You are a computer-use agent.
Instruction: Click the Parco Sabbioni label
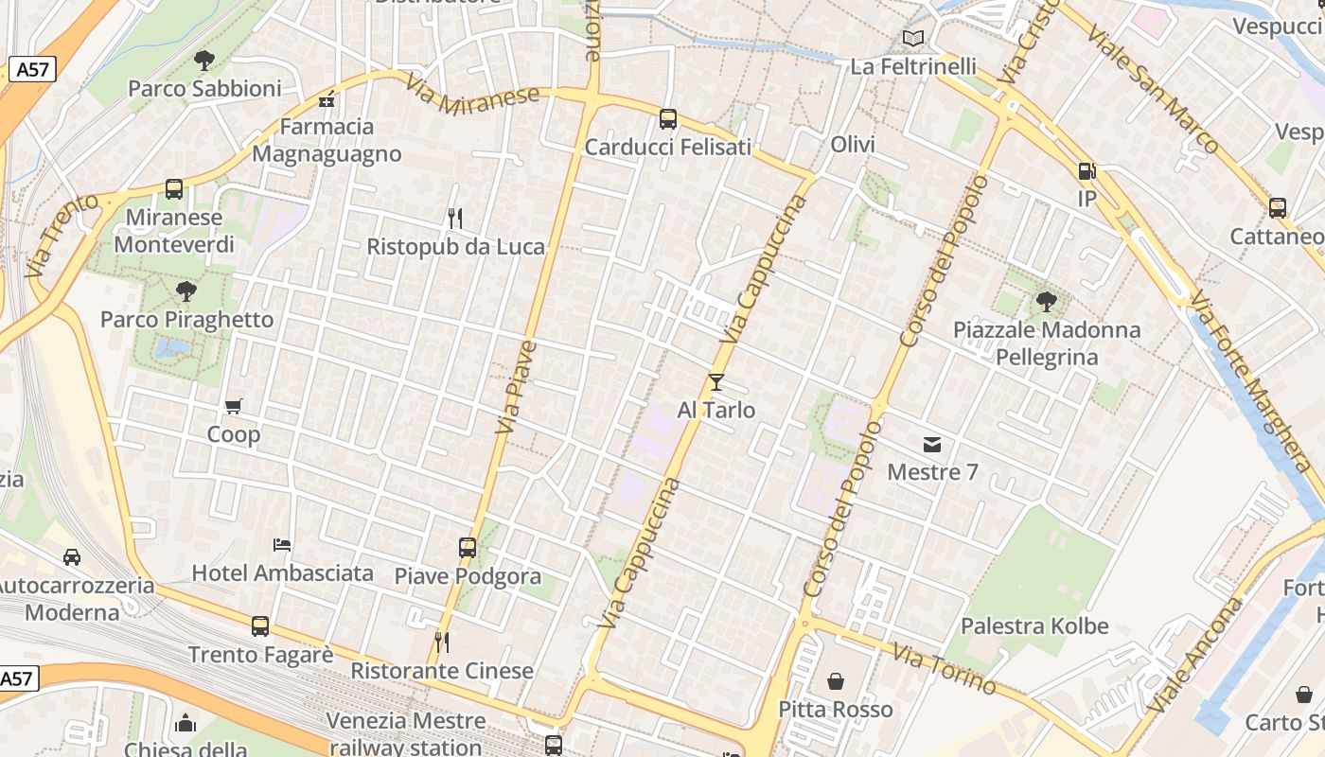(x=204, y=89)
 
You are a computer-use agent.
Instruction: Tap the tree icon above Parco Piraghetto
(x=186, y=290)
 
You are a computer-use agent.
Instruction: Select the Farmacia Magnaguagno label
(x=327, y=140)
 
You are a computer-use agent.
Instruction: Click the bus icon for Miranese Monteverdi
(x=174, y=189)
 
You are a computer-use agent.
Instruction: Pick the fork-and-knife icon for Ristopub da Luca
(x=455, y=219)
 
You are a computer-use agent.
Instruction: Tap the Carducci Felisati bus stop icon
(x=668, y=119)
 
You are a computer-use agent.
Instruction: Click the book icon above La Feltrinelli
(x=912, y=39)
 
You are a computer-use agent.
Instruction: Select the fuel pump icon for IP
(x=1086, y=171)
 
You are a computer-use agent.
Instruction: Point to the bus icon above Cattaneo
(x=1278, y=208)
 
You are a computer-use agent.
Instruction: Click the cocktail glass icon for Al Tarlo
(x=716, y=382)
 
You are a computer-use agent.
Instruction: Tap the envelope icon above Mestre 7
(x=932, y=444)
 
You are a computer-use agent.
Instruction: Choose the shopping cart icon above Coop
(x=233, y=407)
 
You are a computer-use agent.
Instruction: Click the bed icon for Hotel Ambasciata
(x=282, y=545)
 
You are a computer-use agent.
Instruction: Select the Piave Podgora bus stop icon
(x=468, y=548)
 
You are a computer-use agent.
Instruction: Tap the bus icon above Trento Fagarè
(x=260, y=626)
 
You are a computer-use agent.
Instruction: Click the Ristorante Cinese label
(x=442, y=671)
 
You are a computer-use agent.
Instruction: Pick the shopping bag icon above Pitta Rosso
(x=836, y=681)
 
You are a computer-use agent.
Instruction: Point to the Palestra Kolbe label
(x=1034, y=626)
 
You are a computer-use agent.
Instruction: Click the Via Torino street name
(x=944, y=669)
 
